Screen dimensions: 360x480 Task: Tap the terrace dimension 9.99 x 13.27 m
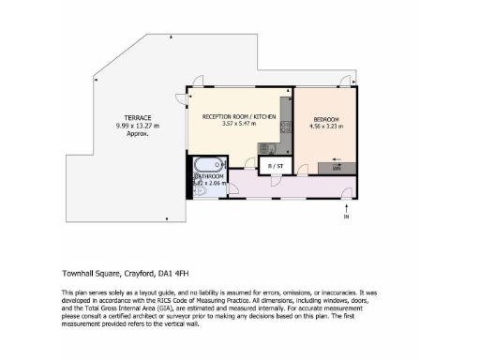139,126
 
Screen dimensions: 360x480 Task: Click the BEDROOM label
326,120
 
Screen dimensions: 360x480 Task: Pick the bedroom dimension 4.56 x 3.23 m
326,127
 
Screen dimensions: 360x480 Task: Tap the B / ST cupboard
276,166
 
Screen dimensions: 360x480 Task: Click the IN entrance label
346,218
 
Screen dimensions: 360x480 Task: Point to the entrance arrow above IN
346,207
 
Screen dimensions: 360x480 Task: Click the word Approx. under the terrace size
139,133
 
